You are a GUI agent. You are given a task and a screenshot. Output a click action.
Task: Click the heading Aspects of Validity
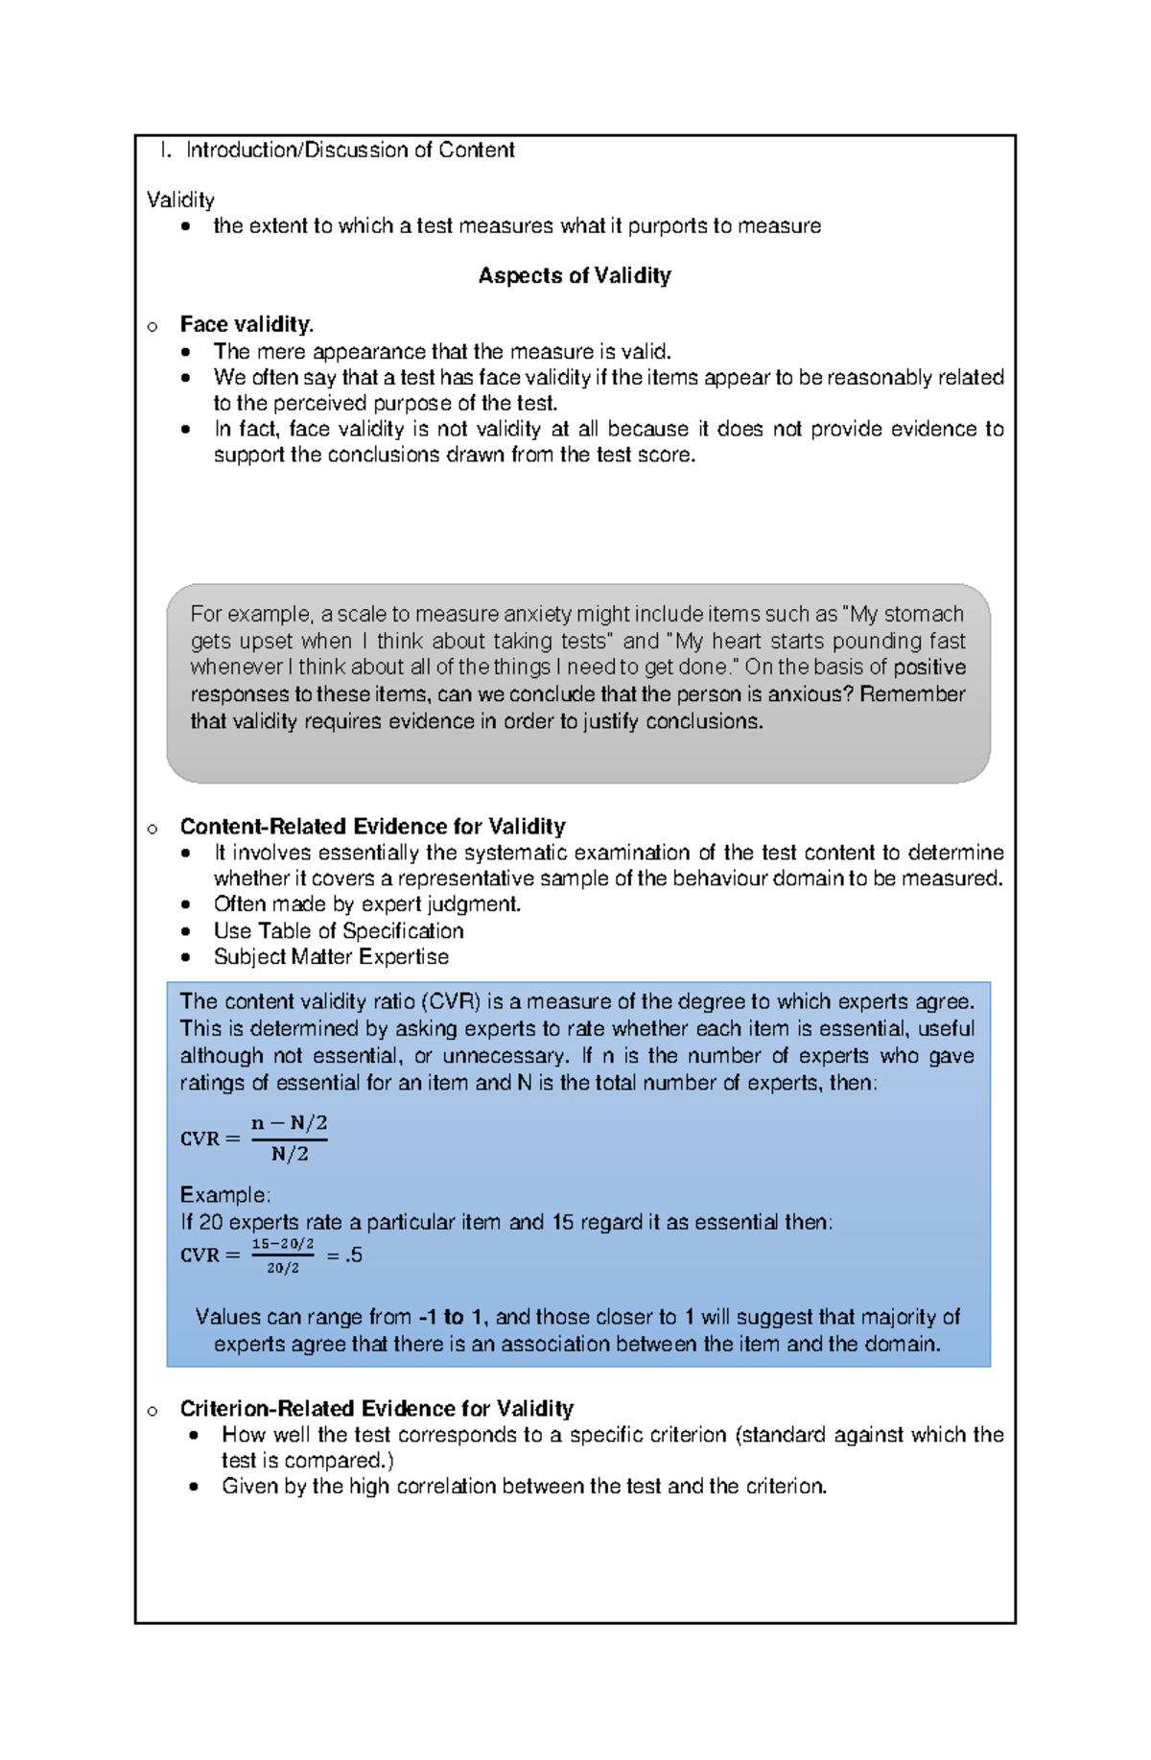[575, 276]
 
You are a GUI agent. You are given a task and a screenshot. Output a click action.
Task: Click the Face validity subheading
[247, 325]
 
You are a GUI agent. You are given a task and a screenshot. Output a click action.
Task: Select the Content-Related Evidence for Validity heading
[372, 827]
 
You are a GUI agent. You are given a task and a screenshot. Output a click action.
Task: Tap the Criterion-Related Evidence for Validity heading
[376, 1409]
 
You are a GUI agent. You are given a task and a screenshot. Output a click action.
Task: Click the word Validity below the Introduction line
[180, 200]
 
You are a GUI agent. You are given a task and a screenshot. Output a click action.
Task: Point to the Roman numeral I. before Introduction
[166, 151]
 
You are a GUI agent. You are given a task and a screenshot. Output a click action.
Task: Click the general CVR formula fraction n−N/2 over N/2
[289, 1138]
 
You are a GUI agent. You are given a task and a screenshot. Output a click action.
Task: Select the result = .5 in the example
[344, 1255]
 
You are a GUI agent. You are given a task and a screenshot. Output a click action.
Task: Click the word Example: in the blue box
[225, 1195]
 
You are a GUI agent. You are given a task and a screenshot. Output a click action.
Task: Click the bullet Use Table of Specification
[338, 931]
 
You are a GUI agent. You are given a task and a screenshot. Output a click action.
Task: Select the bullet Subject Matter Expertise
[331, 957]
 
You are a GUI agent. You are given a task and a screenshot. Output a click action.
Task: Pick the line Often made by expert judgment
[366, 904]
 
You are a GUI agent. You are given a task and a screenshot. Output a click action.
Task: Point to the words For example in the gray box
[250, 614]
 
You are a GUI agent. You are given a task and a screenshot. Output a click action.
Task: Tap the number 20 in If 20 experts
[211, 1223]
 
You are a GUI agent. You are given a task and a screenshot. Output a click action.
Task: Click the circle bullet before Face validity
[153, 327]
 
